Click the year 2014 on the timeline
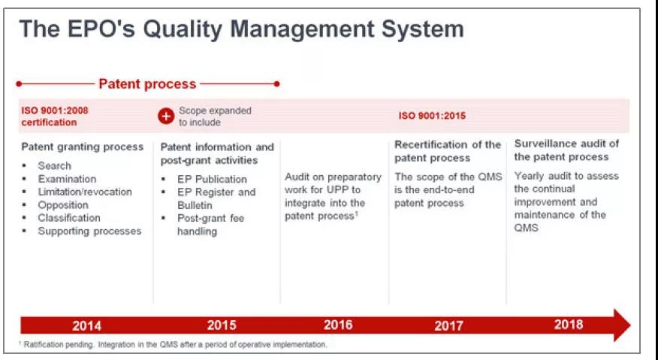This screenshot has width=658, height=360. pyautogui.click(x=86, y=325)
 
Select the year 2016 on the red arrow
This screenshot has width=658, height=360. pyautogui.click(x=338, y=325)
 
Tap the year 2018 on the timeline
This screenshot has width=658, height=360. pyautogui.click(x=569, y=325)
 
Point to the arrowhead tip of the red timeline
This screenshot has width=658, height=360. pyautogui.click(x=630, y=325)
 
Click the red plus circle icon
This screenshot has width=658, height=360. pyautogui.click(x=166, y=116)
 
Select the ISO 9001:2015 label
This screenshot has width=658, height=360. pyautogui.click(x=432, y=116)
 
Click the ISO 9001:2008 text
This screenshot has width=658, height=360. pyautogui.click(x=55, y=110)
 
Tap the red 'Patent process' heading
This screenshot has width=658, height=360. pyautogui.click(x=147, y=84)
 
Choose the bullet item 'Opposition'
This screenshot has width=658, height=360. pyautogui.click(x=63, y=205)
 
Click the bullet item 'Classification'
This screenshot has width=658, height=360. pyautogui.click(x=69, y=218)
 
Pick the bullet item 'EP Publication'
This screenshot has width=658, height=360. pyautogui.click(x=212, y=180)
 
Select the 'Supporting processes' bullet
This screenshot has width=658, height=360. pyautogui.click(x=89, y=231)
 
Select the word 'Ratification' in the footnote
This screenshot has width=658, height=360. pyautogui.click(x=41, y=344)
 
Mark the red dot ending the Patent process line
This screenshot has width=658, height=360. pyautogui.click(x=276, y=84)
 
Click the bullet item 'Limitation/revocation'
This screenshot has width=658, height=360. pyautogui.click(x=85, y=192)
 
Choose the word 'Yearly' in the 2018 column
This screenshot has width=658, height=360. pyautogui.click(x=529, y=176)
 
